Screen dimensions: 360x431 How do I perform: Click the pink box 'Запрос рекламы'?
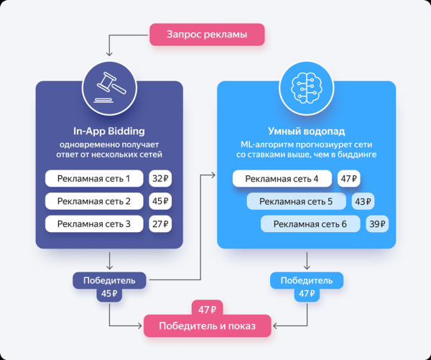tap(207, 34)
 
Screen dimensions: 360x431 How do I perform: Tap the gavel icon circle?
tap(109, 85)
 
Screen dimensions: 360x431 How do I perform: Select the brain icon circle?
tap(306, 85)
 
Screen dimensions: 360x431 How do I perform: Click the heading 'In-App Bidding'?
tap(109, 131)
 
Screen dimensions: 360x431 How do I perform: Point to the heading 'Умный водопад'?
tap(306, 131)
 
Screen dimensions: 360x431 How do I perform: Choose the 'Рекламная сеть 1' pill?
tap(94, 178)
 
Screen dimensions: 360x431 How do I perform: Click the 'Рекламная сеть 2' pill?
tap(94, 201)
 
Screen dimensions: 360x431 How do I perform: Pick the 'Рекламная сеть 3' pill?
tap(94, 224)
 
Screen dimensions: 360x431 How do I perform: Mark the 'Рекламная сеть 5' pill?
tap(295, 202)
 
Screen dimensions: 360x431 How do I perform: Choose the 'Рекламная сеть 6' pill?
tap(310, 225)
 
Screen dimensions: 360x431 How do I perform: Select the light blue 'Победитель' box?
tap(306, 280)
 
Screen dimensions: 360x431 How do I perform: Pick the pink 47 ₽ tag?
tap(208, 309)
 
